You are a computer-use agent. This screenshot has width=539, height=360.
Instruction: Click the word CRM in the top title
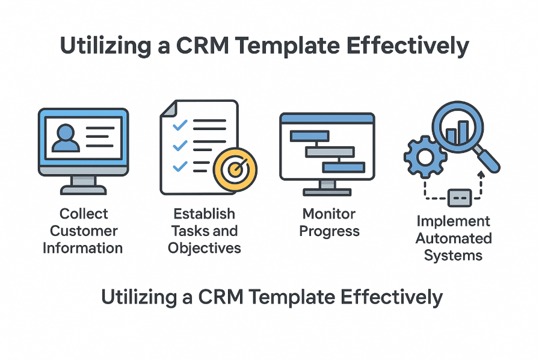pyautogui.click(x=202, y=45)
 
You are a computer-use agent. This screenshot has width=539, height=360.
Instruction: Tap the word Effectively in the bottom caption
pyautogui.click(x=391, y=297)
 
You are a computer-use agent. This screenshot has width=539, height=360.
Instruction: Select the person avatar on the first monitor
pyautogui.click(x=66, y=138)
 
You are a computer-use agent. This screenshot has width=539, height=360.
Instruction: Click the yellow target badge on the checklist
pyautogui.click(x=235, y=169)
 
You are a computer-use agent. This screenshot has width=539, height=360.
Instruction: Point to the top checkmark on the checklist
pyautogui.click(x=180, y=125)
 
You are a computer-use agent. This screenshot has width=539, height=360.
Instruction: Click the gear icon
pyautogui.click(x=425, y=157)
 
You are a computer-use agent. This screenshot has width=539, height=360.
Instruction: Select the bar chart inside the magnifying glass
pyautogui.click(x=457, y=132)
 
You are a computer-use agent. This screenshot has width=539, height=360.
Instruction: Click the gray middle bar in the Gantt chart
pyautogui.click(x=330, y=152)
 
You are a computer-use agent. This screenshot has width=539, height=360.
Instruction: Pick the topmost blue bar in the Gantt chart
pyautogui.click(x=309, y=135)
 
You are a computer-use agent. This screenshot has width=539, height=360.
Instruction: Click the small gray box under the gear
pyautogui.click(x=460, y=198)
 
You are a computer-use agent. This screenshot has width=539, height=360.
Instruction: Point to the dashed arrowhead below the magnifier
pyautogui.click(x=481, y=174)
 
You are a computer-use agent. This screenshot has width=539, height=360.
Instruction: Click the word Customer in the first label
pyautogui.click(x=84, y=231)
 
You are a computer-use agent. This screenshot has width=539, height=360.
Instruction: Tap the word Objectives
pyautogui.click(x=204, y=249)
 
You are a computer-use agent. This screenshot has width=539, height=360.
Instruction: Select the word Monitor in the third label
pyautogui.click(x=328, y=214)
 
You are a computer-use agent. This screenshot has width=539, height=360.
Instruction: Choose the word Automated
pyautogui.click(x=454, y=238)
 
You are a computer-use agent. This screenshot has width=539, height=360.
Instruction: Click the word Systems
pyautogui.click(x=453, y=256)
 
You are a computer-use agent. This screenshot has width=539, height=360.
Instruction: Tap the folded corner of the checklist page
pyautogui.click(x=169, y=108)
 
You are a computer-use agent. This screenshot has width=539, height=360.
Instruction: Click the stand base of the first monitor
pyautogui.click(x=83, y=190)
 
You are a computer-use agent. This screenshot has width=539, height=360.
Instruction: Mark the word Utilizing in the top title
pyautogui.click(x=105, y=46)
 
